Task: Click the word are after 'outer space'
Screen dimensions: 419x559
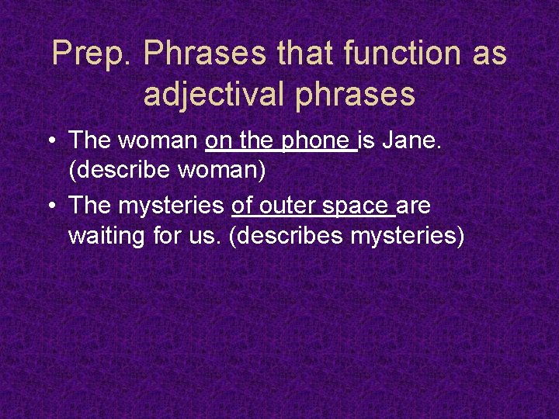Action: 413,206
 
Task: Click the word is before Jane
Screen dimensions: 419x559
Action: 365,140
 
